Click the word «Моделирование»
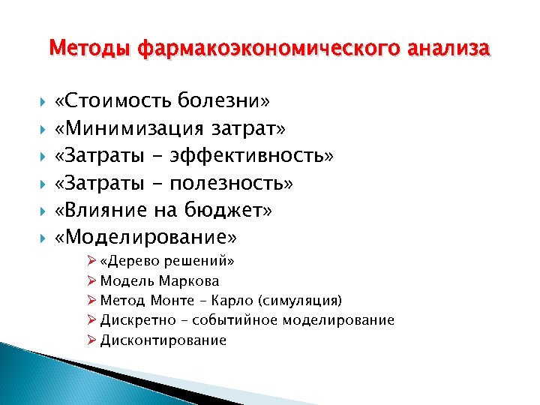(x=146, y=238)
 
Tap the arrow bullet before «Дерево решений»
(x=91, y=262)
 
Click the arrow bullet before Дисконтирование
(x=91, y=340)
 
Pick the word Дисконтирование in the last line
(x=163, y=340)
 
